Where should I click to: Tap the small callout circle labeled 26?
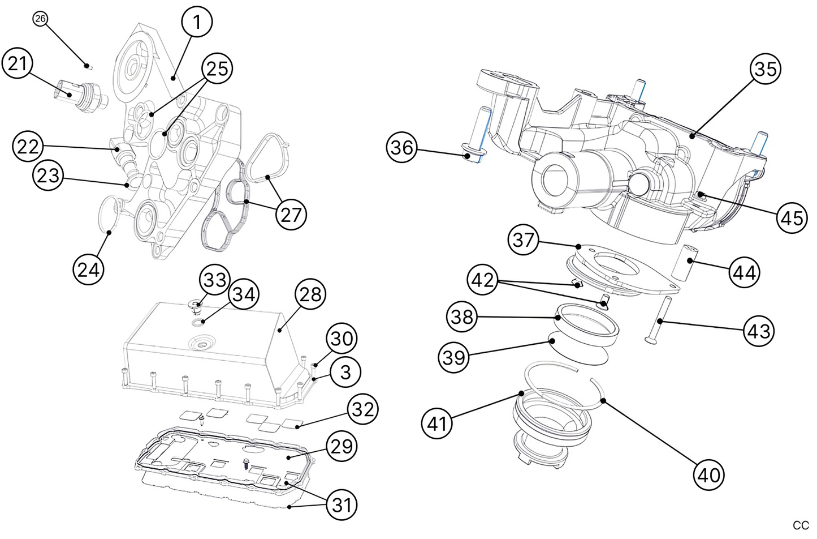pyautogui.click(x=40, y=19)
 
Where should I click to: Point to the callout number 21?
pyautogui.click(x=18, y=63)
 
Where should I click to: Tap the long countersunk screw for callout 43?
pyautogui.click(x=658, y=320)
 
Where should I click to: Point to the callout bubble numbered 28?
pyautogui.click(x=310, y=294)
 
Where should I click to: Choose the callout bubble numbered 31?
pyautogui.click(x=342, y=504)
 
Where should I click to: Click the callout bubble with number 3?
pyautogui.click(x=345, y=372)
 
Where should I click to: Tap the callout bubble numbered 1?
pyautogui.click(x=196, y=23)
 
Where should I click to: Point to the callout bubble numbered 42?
pyautogui.click(x=482, y=280)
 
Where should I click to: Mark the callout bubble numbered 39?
pyautogui.click(x=454, y=357)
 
